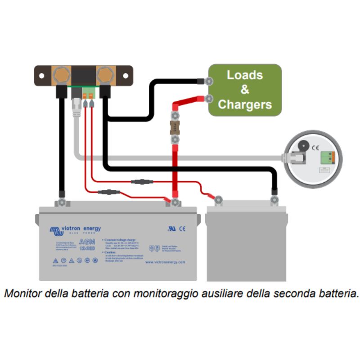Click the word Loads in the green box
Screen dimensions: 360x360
pyautogui.click(x=244, y=75)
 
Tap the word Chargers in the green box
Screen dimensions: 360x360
pyautogui.click(x=244, y=105)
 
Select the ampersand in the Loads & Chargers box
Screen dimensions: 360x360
pyautogui.click(x=244, y=90)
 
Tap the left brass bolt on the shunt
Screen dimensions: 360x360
pyautogui.click(x=61, y=75)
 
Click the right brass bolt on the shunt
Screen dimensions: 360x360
pyautogui.click(x=105, y=75)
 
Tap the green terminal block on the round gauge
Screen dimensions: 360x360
pyautogui.click(x=327, y=157)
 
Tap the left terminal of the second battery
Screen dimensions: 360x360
pyautogui.click(x=218, y=200)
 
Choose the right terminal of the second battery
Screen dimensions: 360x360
pyautogui.click(x=274, y=199)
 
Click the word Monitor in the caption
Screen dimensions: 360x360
pyautogui.click(x=21, y=294)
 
